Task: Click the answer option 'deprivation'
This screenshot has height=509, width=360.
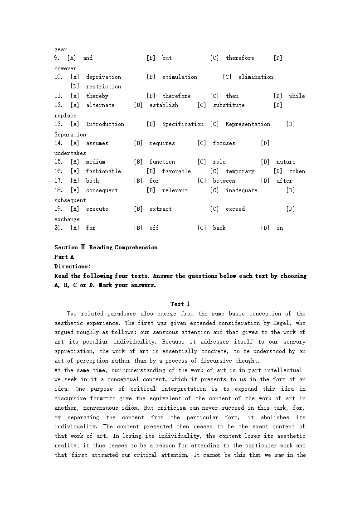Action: click(103, 77)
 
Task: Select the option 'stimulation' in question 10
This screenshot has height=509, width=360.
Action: click(180, 77)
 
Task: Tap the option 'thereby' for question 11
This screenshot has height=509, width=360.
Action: click(97, 96)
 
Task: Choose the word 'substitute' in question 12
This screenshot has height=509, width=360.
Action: click(229, 105)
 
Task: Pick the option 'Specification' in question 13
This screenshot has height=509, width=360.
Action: click(183, 124)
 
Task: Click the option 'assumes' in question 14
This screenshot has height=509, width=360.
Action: click(97, 143)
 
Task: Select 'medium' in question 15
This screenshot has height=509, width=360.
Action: click(95, 162)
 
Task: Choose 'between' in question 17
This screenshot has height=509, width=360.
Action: click(224, 181)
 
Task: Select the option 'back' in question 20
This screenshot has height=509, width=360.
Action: click(219, 228)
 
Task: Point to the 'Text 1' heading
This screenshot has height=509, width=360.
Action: click(180, 304)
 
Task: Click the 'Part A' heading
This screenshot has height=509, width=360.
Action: click(64, 257)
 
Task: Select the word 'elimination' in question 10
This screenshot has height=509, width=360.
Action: click(256, 77)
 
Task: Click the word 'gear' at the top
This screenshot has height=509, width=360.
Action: click(60, 49)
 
